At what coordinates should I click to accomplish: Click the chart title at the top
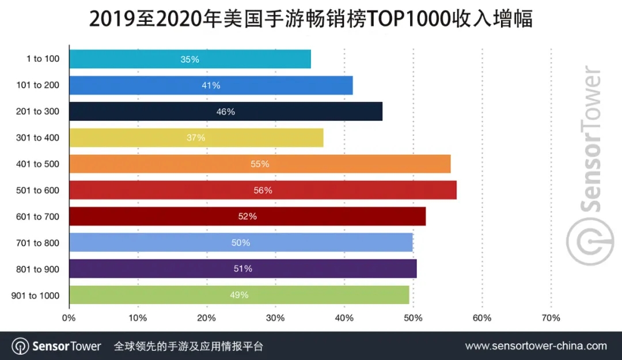[311, 18]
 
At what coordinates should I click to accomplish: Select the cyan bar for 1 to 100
[189, 59]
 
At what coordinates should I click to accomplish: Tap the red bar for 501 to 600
[263, 190]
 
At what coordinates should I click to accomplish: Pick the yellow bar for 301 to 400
[196, 138]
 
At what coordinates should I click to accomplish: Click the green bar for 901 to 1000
[239, 295]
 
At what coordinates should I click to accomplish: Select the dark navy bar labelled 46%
[225, 112]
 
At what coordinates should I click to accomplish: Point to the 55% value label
[260, 164]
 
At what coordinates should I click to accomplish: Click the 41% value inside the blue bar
[211, 86]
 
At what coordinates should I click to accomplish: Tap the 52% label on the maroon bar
[247, 217]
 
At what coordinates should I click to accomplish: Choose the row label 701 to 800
[37, 242]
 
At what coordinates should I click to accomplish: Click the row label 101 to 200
[37, 85]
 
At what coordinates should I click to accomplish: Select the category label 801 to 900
[37, 269]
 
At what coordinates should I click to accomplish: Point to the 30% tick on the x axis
[275, 318]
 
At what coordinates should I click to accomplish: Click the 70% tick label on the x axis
[551, 318]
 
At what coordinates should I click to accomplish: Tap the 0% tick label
[69, 318]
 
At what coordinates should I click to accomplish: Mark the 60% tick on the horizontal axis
[481, 318]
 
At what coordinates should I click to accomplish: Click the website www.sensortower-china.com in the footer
[536, 346]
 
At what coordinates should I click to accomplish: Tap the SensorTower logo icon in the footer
[21, 346]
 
